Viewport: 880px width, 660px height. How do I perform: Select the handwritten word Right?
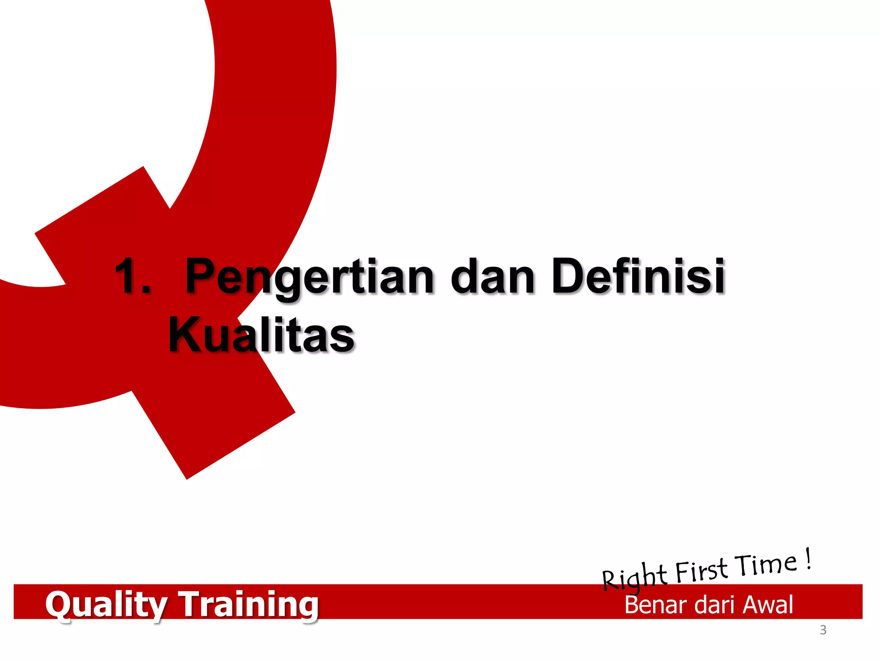(x=634, y=578)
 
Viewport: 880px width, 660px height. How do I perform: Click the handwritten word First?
(x=701, y=571)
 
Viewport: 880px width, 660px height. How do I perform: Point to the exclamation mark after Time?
(x=809, y=559)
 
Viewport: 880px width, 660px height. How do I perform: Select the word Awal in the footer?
(x=768, y=605)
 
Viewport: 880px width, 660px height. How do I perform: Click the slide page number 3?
(x=823, y=630)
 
